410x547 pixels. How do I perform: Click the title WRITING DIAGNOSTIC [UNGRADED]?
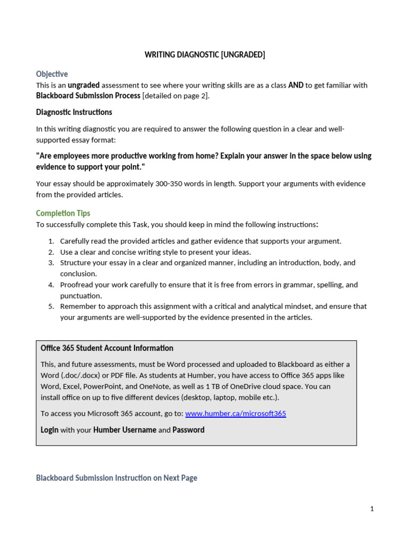tap(205, 54)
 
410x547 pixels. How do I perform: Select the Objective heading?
tap(52, 74)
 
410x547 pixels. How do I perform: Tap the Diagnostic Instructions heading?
tap(74, 112)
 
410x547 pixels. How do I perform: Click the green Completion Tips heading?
tap(63, 213)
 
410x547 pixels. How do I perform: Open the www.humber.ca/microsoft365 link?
tap(235, 413)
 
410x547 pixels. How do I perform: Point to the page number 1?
tap(372, 509)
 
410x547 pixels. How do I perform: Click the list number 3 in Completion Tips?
tap(51, 263)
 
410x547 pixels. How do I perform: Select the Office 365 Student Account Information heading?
tap(107, 348)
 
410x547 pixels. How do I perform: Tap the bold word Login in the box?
tap(50, 430)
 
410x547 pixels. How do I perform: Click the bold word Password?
tap(188, 430)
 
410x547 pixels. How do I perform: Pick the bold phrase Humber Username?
tap(125, 430)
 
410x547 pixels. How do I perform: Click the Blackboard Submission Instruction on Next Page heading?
tap(116, 478)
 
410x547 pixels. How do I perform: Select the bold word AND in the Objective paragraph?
tap(296, 85)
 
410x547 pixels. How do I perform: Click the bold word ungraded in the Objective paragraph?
tap(83, 85)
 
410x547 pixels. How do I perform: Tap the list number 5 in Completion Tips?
tap(51, 307)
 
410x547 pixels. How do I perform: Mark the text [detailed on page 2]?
tap(176, 96)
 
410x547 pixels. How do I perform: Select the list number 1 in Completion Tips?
tap(51, 241)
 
